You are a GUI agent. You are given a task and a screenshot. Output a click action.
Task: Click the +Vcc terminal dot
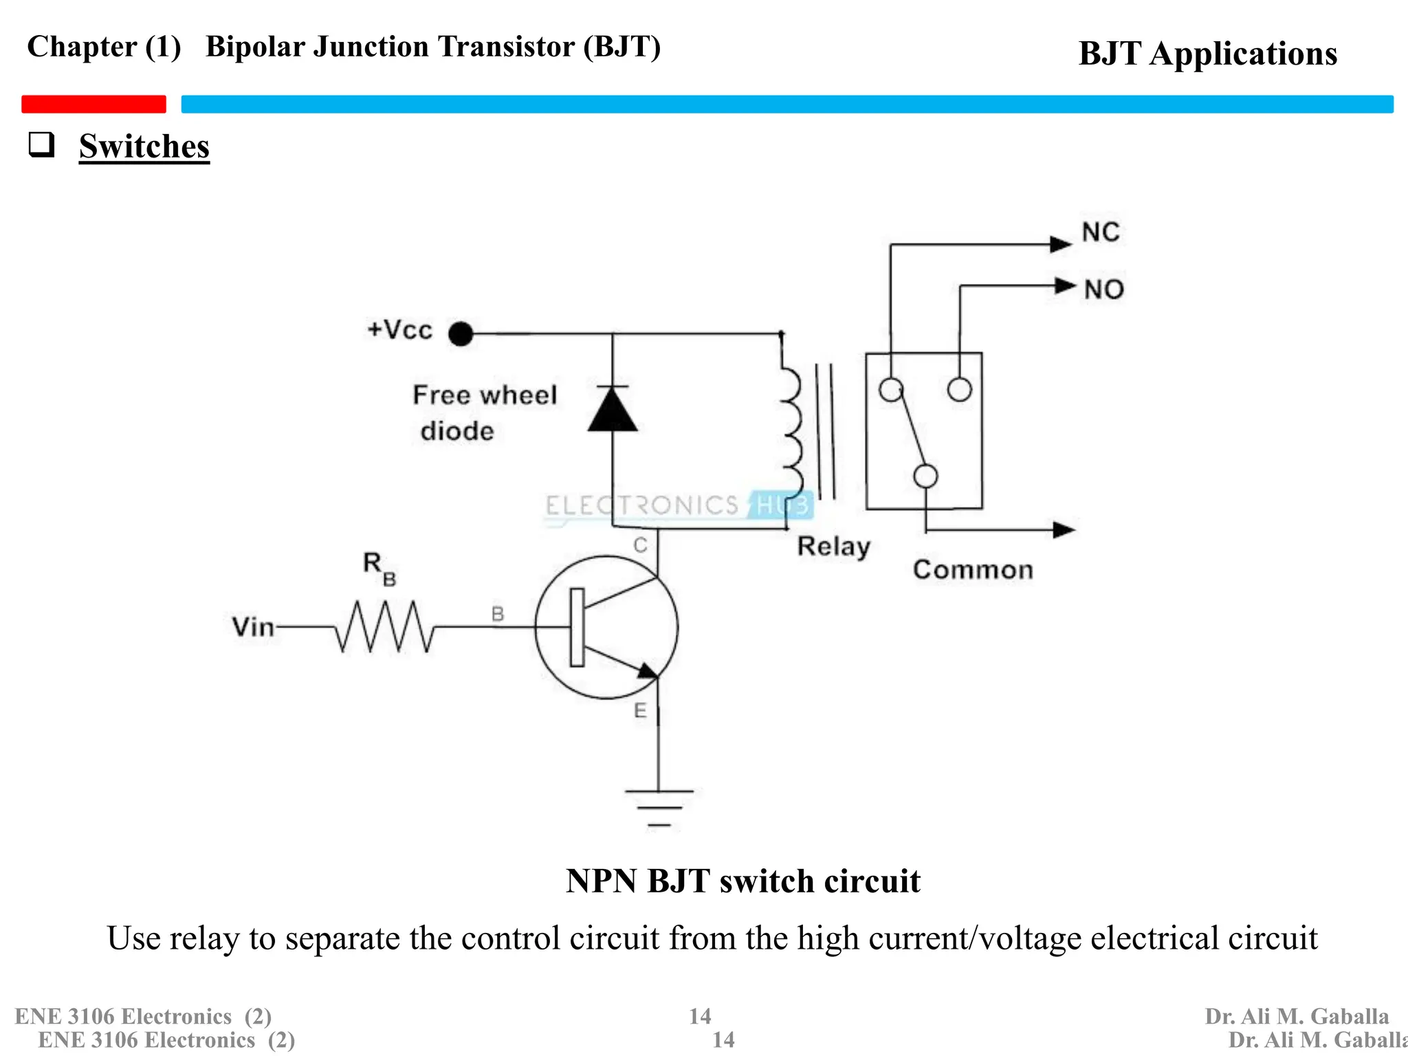point(461,334)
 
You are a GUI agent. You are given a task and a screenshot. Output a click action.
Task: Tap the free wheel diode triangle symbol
point(613,410)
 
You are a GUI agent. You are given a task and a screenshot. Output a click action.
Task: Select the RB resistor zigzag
point(384,626)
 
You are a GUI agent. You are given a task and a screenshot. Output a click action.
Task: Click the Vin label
point(252,627)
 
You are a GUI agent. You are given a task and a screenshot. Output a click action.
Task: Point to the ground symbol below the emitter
point(659,807)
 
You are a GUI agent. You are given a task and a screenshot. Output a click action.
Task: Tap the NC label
point(1101,232)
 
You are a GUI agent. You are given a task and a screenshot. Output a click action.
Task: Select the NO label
point(1104,289)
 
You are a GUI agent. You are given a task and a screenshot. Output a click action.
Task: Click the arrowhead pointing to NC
point(1061,244)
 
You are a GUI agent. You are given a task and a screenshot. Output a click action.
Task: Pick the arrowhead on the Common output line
point(1064,529)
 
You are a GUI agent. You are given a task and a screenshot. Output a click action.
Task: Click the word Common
point(973,570)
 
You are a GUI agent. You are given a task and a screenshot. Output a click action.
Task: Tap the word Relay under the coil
point(834,547)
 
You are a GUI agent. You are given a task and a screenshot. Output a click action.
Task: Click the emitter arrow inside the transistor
point(647,670)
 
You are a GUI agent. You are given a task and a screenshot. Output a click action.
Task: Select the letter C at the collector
point(640,545)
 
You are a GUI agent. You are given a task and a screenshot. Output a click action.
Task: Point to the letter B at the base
point(498,614)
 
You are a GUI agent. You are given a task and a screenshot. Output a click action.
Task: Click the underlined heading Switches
point(144,146)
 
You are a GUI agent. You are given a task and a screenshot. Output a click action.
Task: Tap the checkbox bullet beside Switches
point(41,144)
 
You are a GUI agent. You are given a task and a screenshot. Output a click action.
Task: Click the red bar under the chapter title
point(93,104)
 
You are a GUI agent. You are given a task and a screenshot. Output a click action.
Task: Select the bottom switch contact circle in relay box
point(925,476)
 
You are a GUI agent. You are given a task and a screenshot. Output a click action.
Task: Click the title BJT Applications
point(1207,54)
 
